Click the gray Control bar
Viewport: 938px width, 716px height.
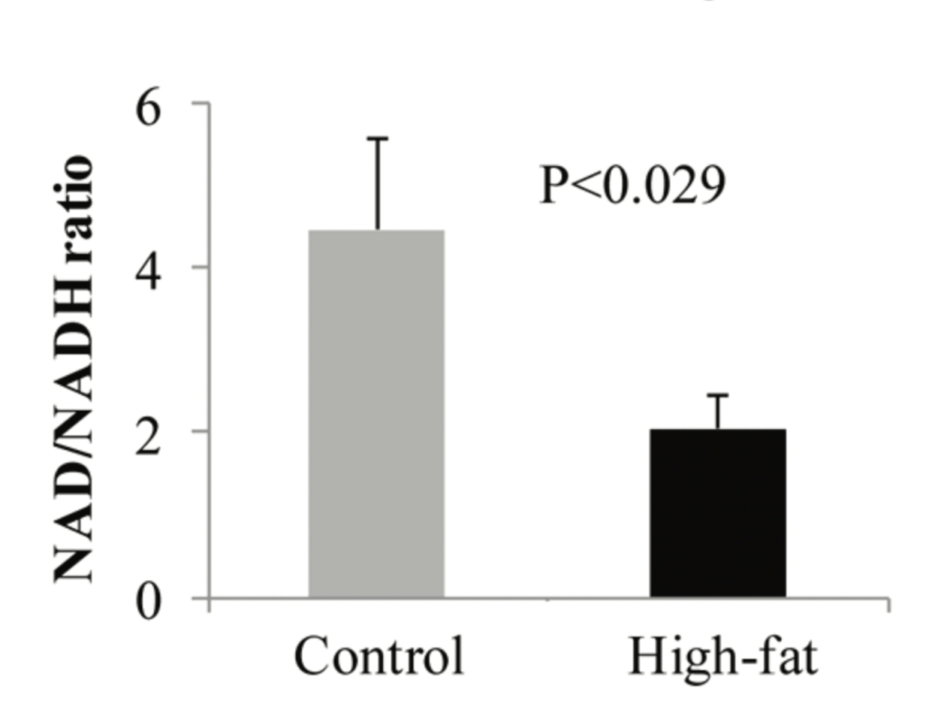coord(376,413)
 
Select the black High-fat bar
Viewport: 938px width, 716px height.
coord(718,513)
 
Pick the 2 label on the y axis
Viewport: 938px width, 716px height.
coord(150,433)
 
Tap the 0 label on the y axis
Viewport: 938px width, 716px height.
coord(150,600)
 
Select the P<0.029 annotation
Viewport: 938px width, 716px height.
coord(632,186)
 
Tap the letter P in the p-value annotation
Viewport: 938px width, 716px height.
coord(553,186)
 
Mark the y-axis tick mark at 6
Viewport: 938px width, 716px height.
coord(200,104)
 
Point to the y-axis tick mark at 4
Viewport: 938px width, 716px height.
coord(200,268)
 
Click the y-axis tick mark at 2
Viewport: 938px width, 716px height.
coord(200,432)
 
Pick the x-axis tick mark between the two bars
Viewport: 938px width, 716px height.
coord(548,603)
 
